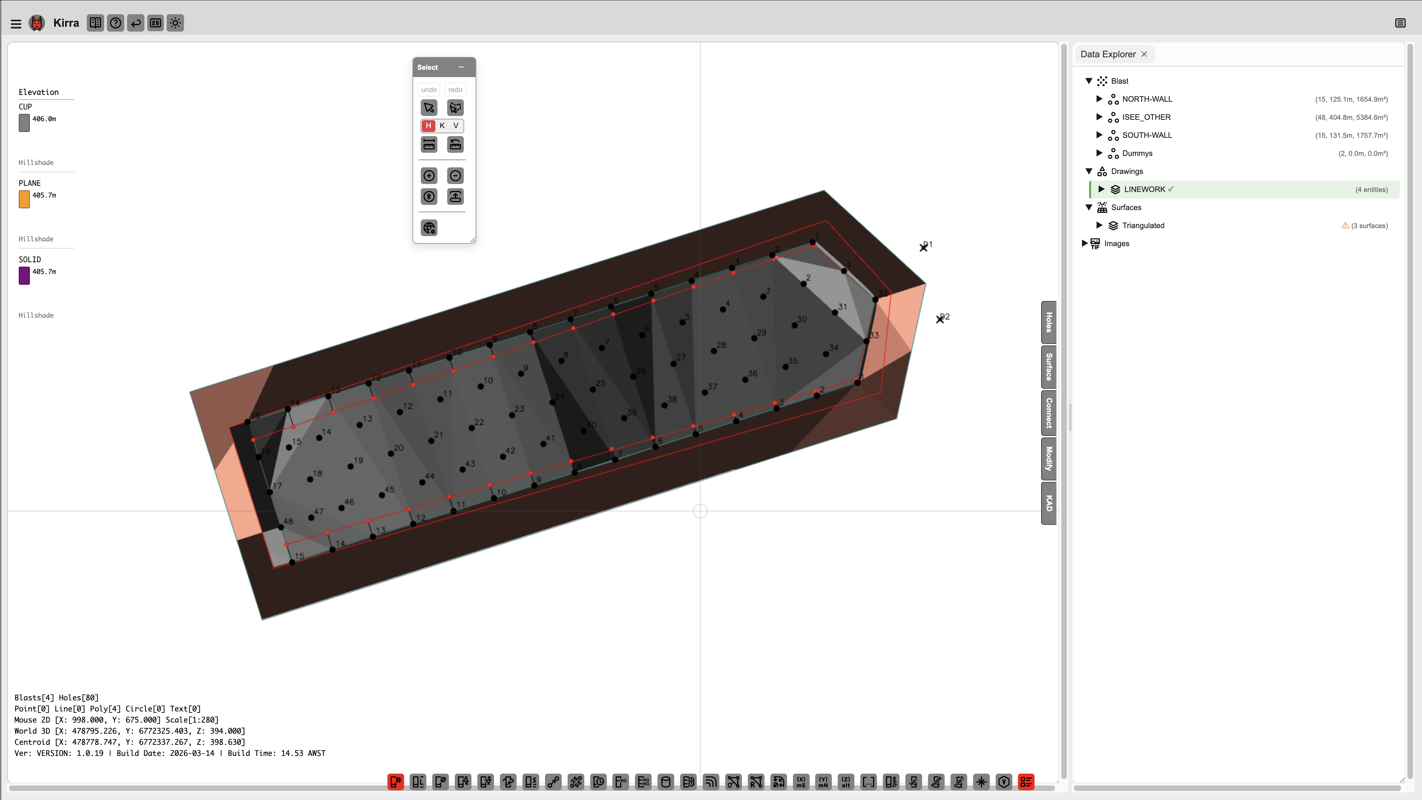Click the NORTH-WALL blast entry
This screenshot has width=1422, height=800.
[1147, 99]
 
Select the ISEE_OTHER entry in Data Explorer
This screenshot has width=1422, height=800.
[1146, 117]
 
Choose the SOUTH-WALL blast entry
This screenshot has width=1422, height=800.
[1147, 135]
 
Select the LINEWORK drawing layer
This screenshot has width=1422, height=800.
[1144, 189]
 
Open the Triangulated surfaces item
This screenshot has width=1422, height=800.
[1143, 225]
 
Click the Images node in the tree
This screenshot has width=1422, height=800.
[1116, 243]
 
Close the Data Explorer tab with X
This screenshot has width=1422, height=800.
[1144, 54]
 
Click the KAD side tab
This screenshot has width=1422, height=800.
[1048, 503]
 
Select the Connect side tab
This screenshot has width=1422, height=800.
[1048, 413]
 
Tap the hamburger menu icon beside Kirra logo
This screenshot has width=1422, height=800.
[16, 24]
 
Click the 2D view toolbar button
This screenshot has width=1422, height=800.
[156, 23]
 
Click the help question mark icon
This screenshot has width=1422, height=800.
[115, 23]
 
